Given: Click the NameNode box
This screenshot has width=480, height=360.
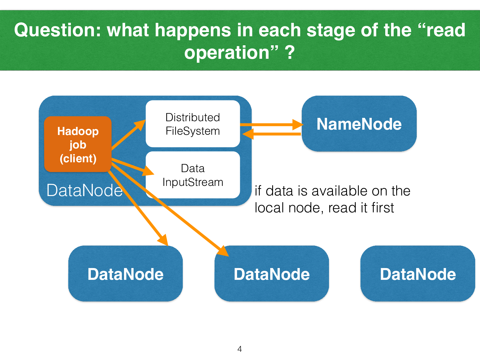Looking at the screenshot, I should click(359, 124).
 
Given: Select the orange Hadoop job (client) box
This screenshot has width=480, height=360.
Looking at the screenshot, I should click(78, 144).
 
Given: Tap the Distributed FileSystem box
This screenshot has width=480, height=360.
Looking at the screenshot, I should click(193, 124).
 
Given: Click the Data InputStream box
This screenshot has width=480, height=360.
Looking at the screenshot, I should click(193, 175).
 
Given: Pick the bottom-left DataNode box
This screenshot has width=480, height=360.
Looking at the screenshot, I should click(125, 274).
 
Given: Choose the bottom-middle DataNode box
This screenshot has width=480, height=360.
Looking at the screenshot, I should click(272, 274).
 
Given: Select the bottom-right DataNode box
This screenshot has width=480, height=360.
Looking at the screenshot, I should click(418, 274).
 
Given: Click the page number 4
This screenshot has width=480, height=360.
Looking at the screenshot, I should click(240, 349).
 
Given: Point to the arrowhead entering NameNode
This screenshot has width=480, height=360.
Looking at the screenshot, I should click(298, 124).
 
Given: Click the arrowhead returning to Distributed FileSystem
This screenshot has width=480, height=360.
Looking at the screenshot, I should click(248, 134).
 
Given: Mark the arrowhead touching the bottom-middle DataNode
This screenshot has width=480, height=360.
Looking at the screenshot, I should click(224, 251).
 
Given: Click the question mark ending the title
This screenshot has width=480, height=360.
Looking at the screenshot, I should click(290, 53).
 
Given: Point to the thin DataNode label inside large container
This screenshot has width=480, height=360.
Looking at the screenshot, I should click(84, 190).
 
